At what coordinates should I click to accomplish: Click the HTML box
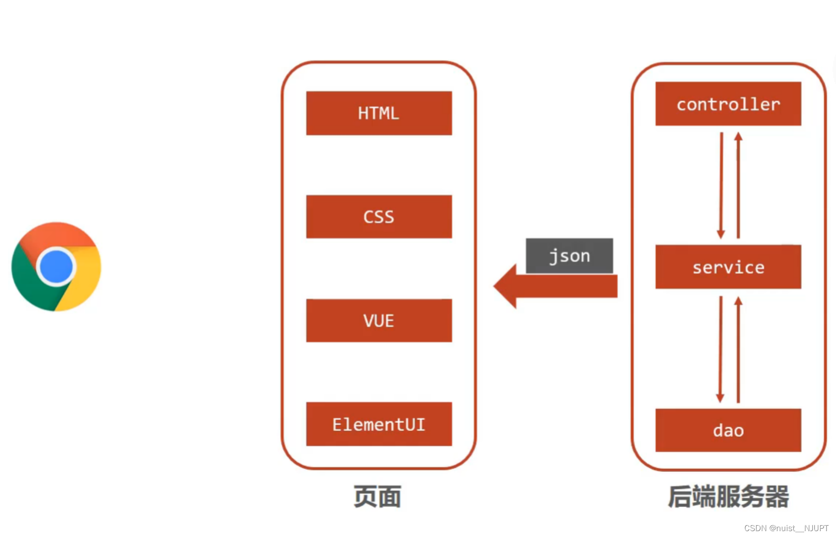tap(379, 113)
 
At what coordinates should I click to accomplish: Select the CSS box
tap(379, 217)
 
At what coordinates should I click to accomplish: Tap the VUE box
tap(379, 320)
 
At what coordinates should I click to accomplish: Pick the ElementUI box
tap(379, 424)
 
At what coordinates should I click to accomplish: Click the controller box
tap(728, 104)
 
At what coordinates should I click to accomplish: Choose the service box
tap(728, 267)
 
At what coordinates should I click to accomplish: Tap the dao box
tap(728, 430)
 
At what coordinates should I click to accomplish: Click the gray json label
tap(569, 256)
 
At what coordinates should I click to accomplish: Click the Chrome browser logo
tap(56, 267)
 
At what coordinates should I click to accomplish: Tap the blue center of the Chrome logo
tap(56, 267)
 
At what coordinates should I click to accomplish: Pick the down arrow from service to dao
tap(720, 349)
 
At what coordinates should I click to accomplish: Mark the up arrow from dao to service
tap(738, 349)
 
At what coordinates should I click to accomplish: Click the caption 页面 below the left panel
tap(378, 497)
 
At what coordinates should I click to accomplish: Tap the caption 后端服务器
tap(728, 497)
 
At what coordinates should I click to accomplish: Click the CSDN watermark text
tap(786, 528)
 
